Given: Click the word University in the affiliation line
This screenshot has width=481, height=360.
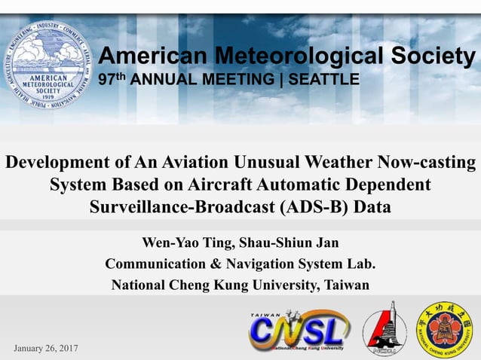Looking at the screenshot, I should tap(282, 285).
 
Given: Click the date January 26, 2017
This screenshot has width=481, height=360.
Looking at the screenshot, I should tap(46, 348).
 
